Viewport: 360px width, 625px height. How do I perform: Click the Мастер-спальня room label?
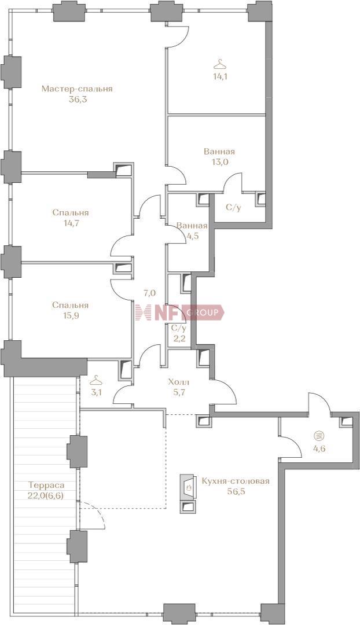tap(77, 89)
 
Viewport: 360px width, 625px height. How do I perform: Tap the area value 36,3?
tap(78, 100)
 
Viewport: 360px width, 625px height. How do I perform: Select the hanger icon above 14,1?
tap(220, 64)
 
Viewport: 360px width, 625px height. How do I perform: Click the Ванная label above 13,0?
tap(219, 152)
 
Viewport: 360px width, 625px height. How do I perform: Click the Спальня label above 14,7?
tap(70, 213)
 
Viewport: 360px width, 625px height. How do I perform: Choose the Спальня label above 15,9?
tap(70, 306)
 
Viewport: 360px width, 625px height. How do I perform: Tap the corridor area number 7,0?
tap(149, 293)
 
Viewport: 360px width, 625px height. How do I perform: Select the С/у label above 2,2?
tap(178, 329)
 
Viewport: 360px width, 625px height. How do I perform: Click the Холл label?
tap(177, 382)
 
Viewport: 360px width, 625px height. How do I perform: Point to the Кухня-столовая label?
tap(236, 481)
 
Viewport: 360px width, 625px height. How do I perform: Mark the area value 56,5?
tap(236, 491)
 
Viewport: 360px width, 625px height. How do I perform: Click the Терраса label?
tap(46, 486)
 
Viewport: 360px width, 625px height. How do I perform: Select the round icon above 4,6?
tap(318, 435)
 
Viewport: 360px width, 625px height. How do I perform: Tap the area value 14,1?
tap(220, 77)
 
